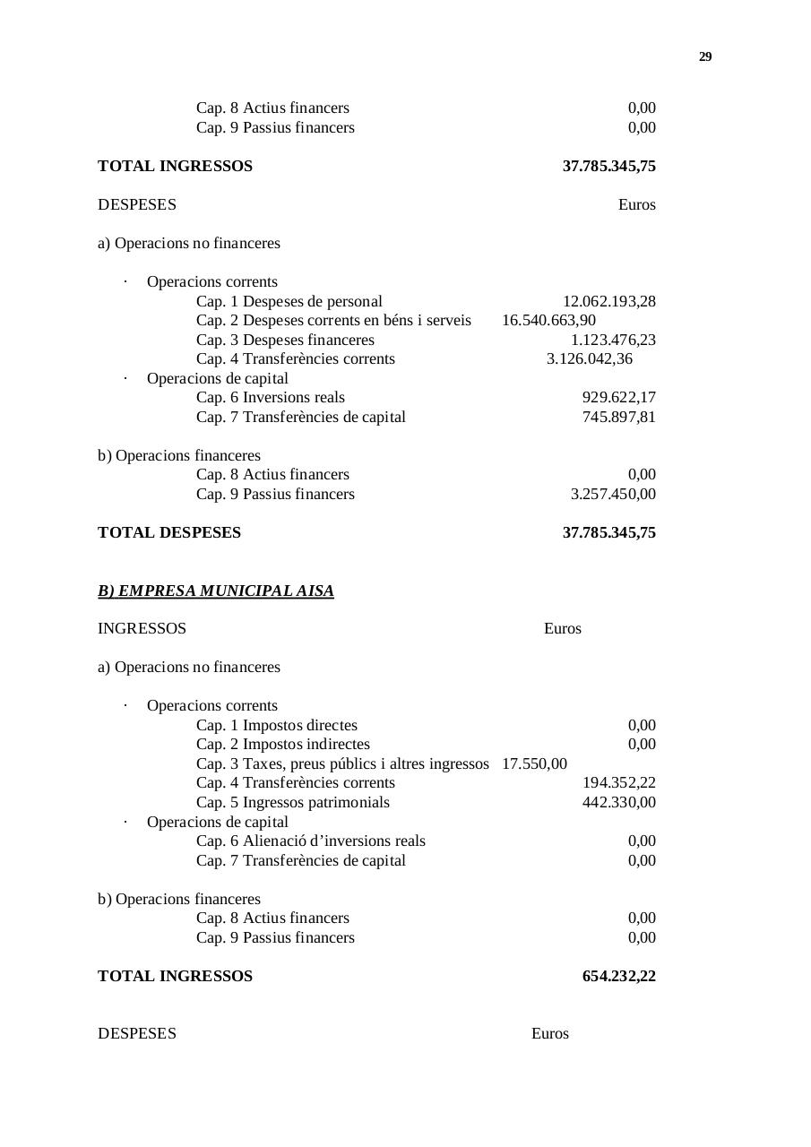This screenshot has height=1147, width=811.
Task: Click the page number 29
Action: [x=704, y=56]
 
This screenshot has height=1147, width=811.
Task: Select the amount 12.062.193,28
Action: [x=608, y=301]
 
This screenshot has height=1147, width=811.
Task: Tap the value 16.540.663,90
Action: [x=548, y=321]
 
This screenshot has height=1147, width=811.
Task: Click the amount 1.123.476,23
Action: [x=613, y=340]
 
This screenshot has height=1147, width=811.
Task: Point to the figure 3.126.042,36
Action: [x=589, y=359]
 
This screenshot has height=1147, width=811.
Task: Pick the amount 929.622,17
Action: [x=618, y=397]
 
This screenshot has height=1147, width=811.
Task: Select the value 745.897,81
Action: [x=618, y=417]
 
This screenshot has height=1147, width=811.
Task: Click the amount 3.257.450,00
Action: [x=613, y=494]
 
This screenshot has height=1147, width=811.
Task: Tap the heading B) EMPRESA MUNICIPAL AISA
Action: [x=215, y=591]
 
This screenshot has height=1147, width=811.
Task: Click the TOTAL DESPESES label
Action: [x=169, y=532]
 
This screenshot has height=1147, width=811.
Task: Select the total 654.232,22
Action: [x=618, y=976]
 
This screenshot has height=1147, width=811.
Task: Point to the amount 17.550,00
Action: [x=534, y=763]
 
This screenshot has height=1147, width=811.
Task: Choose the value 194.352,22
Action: [x=618, y=782]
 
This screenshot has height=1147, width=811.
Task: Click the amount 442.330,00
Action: [x=618, y=802]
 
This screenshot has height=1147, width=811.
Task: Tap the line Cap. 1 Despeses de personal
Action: [x=289, y=301]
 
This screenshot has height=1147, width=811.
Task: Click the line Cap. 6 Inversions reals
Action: [x=270, y=397]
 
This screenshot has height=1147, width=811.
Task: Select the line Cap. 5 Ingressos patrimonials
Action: [x=292, y=802]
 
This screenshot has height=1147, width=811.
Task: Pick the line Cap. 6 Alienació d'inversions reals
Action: [x=310, y=841]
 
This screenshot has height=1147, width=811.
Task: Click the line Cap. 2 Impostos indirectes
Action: [x=282, y=744]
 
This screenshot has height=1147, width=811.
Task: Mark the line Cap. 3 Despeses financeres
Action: [x=285, y=340]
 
